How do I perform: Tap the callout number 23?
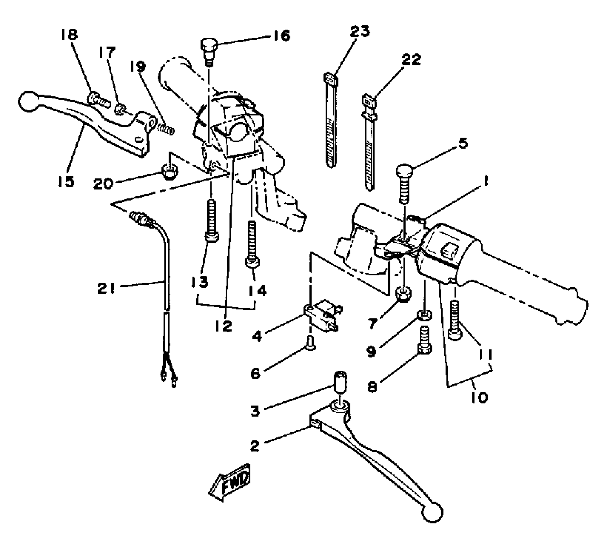(x=360, y=31)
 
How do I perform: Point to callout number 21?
(x=106, y=289)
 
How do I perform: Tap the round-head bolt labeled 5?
(x=404, y=181)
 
